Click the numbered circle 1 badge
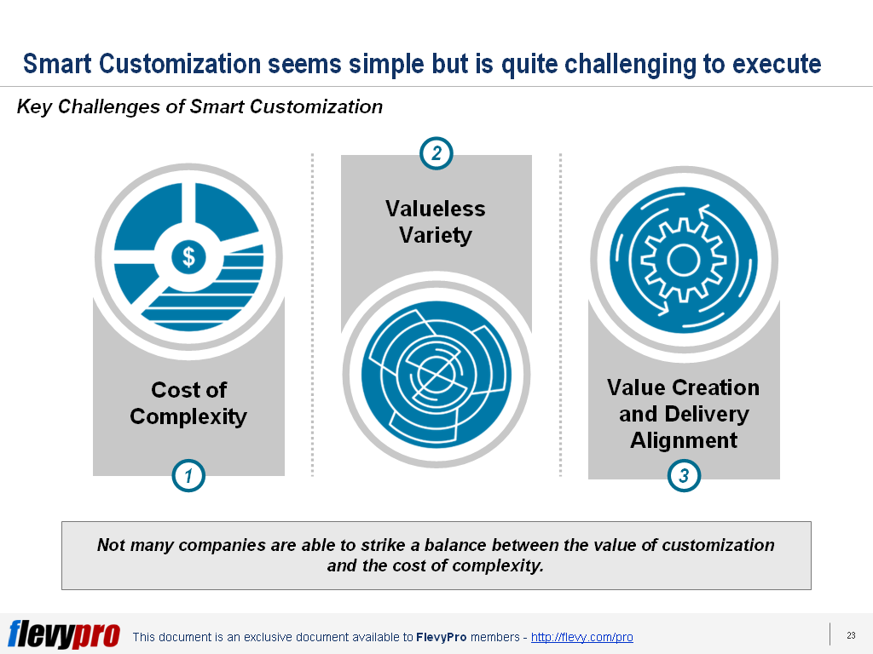point(188,476)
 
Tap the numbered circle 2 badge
point(436,154)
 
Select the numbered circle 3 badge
point(684,476)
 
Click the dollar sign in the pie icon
point(188,255)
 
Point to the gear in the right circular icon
point(684,260)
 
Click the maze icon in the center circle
point(436,372)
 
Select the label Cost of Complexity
point(188,403)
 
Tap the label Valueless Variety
point(436,221)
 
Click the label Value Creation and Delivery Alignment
point(684,413)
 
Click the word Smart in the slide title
point(57,64)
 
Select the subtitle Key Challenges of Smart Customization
point(199,107)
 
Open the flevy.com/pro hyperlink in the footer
point(581,637)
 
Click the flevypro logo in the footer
point(64,634)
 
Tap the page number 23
point(851,635)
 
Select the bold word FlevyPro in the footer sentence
point(439,637)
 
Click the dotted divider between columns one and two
point(312,315)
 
